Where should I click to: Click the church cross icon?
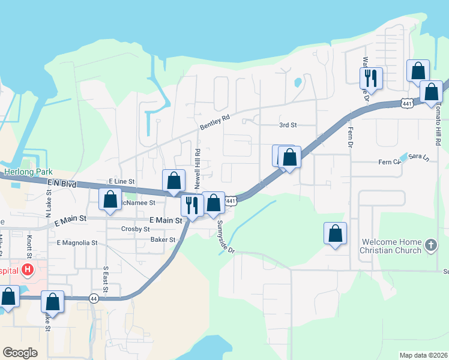[430, 245]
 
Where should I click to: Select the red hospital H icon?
[26, 270]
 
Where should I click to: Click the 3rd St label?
[288, 125]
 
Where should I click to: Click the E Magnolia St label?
[77, 243]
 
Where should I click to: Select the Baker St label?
[163, 239]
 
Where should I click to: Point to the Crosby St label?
[135, 229]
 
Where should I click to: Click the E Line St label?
[122, 181]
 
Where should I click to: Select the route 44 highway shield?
[93, 298]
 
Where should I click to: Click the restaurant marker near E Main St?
[191, 205]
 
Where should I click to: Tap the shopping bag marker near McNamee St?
[110, 200]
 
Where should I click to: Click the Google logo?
[20, 353]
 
